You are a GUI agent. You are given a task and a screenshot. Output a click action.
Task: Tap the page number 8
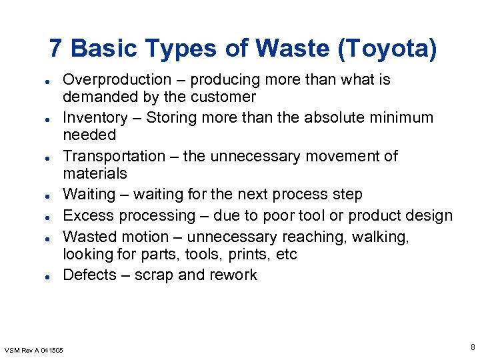pyautogui.click(x=472, y=347)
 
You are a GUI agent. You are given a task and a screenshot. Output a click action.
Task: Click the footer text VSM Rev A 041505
pyautogui.click(x=34, y=350)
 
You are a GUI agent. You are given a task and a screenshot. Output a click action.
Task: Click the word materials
pyautogui.click(x=95, y=174)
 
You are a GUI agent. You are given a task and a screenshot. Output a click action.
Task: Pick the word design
pyautogui.click(x=429, y=216)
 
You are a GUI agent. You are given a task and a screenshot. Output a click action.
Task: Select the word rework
pyautogui.click(x=234, y=275)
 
